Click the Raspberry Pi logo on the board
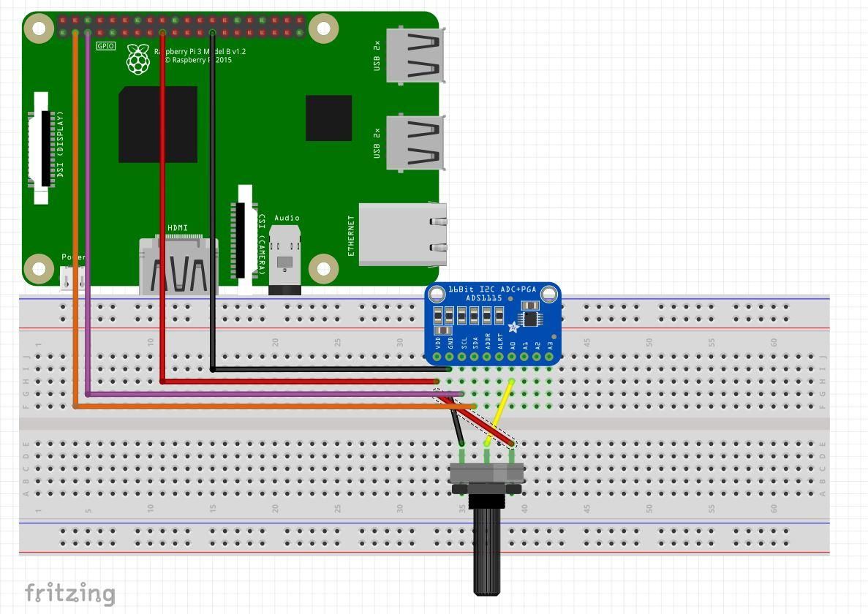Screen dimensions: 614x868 (x=137, y=59)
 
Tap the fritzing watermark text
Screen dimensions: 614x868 (x=70, y=593)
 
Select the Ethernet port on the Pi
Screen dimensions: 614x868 (x=402, y=234)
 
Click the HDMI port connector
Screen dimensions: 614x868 (x=178, y=268)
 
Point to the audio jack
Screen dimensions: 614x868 (x=285, y=259)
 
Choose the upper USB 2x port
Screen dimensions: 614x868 (x=415, y=55)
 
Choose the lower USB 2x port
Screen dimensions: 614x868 (x=415, y=143)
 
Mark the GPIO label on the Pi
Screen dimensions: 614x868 (x=106, y=46)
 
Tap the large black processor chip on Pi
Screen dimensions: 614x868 (x=158, y=124)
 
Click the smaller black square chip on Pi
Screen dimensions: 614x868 (x=328, y=118)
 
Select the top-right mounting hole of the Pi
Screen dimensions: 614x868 (x=323, y=29)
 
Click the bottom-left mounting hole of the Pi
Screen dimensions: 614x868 (x=38, y=269)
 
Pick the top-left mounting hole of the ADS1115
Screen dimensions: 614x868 (x=437, y=295)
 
